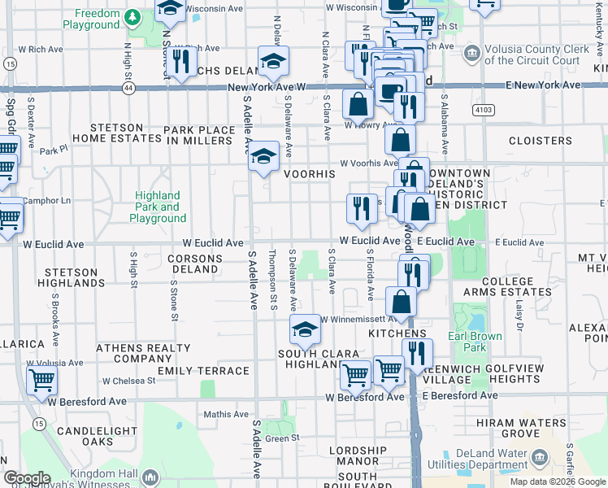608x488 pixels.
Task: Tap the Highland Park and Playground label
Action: pyautogui.click(x=159, y=207)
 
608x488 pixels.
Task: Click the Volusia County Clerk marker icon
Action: pyautogui.click(x=471, y=54)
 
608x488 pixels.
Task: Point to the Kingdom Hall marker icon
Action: pyautogui.click(x=149, y=477)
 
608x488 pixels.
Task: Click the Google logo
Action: pyautogui.click(x=27, y=478)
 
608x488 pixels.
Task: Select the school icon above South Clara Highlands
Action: pyautogui.click(x=305, y=329)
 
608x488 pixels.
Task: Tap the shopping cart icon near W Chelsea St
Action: pyautogui.click(x=41, y=378)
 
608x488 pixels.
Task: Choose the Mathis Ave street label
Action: pyautogui.click(x=224, y=415)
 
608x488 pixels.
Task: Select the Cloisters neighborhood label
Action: pyautogui.click(x=541, y=141)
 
